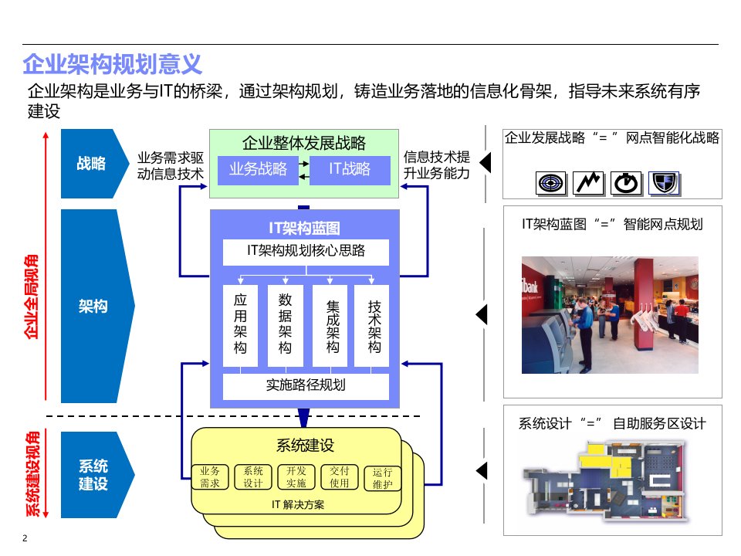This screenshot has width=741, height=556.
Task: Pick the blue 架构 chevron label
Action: pyautogui.click(x=93, y=307)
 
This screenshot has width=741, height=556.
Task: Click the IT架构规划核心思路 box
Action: pyautogui.click(x=306, y=251)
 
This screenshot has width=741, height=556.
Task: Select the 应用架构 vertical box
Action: pyautogui.click(x=239, y=326)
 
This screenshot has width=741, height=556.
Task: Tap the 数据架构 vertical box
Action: pyautogui.click(x=285, y=326)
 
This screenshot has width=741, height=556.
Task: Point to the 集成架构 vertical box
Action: pyautogui.click(x=330, y=326)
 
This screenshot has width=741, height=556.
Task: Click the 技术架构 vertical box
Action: pyautogui.click(x=373, y=326)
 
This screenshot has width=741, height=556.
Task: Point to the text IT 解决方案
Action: pyautogui.click(x=298, y=505)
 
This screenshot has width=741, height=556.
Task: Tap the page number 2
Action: pyautogui.click(x=25, y=538)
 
